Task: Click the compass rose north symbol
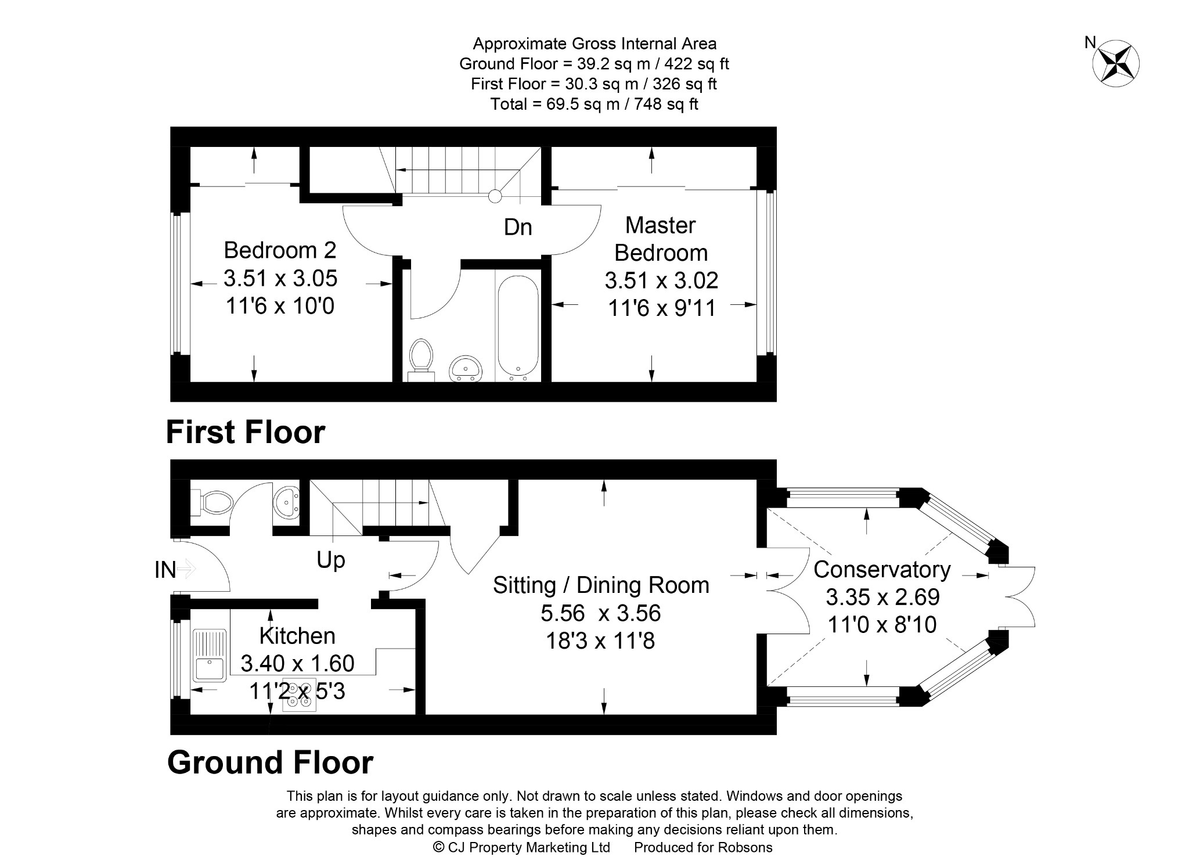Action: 1116,63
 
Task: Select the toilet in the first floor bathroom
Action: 421,360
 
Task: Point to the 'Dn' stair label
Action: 518,227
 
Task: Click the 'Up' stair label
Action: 331,560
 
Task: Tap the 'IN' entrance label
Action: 165,570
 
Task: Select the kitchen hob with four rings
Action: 300,695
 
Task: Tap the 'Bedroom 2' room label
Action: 280,250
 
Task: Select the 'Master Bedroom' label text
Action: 661,239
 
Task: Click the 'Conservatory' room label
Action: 882,570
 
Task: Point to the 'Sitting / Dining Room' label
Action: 601,585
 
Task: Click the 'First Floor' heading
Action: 246,432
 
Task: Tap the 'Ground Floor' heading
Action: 270,762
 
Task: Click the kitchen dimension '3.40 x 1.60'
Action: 297,663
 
